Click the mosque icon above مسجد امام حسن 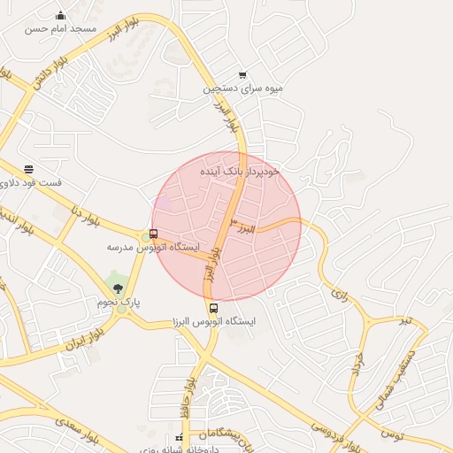click(x=60, y=15)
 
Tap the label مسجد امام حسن click(x=60, y=28)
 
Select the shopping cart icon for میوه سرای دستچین click(x=242, y=75)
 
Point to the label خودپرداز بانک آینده click(x=239, y=170)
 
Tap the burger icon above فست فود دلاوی click(x=29, y=169)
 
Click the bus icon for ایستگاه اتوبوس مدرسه click(x=154, y=234)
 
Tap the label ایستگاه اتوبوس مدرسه click(x=154, y=247)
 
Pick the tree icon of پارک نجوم click(x=118, y=289)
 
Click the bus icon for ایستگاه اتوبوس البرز click(x=213, y=309)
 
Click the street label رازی click(x=341, y=290)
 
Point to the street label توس click(x=391, y=434)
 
